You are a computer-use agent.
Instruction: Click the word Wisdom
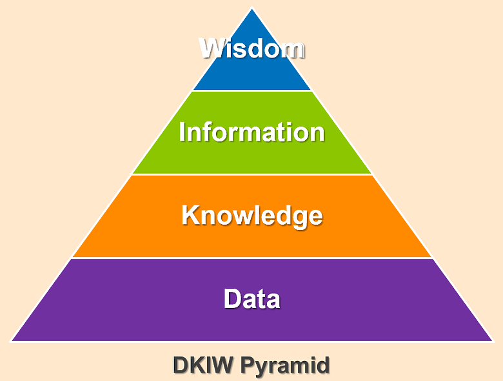coord(252,48)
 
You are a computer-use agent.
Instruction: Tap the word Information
coord(252,132)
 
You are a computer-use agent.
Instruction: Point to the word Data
coord(252,299)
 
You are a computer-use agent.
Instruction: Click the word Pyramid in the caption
coord(285,366)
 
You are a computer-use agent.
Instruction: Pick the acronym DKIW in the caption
coord(202,365)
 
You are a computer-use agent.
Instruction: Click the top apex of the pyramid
coord(252,8)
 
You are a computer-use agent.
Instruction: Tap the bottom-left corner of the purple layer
coord(12,340)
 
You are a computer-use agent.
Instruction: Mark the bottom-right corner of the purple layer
coord(492,340)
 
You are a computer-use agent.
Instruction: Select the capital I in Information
coord(182,132)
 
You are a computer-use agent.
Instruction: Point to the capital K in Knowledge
coord(190,214)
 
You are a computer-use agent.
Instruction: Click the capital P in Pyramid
coord(249,365)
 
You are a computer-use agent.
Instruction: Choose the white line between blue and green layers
coord(252,90)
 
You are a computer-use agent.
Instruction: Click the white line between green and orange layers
coord(252,174)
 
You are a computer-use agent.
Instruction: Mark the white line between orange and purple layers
coord(252,258)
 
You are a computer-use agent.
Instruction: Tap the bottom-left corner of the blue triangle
coord(193,89)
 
